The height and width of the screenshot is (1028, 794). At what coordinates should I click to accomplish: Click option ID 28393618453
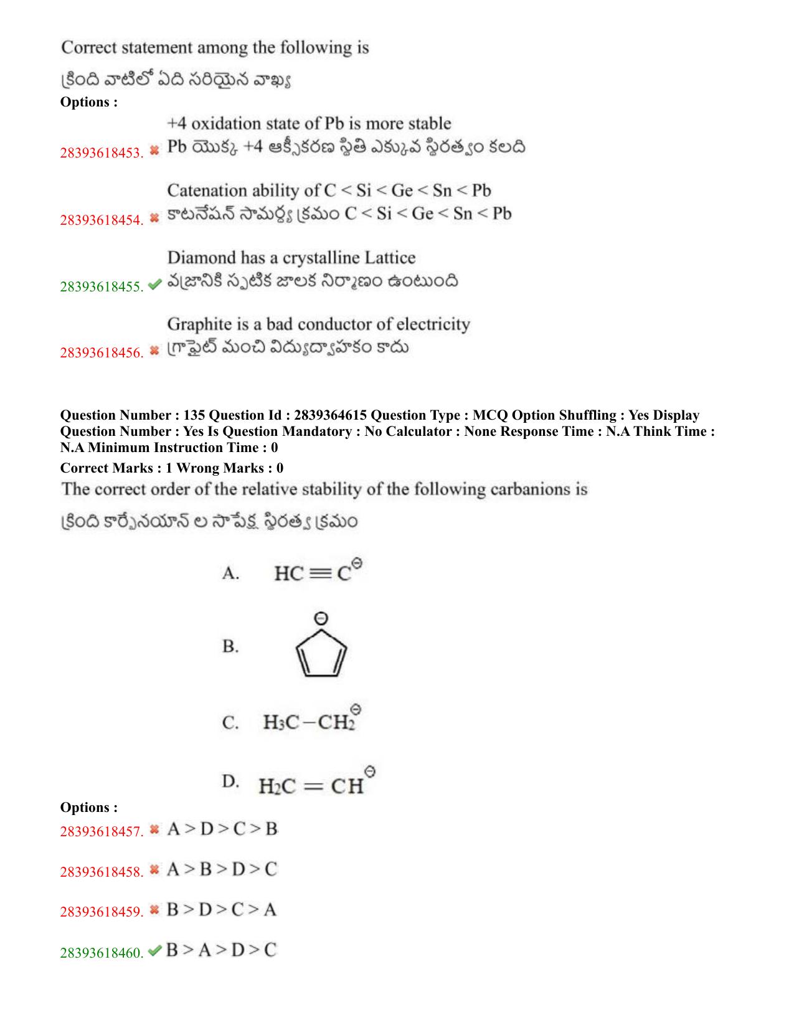(x=101, y=153)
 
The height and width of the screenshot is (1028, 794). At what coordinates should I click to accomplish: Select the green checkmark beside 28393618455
(x=155, y=285)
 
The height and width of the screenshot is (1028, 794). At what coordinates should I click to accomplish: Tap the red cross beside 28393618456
(x=155, y=351)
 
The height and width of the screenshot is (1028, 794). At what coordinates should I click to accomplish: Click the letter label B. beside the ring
(x=230, y=647)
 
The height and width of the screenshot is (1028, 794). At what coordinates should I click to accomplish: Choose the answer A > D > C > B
(x=222, y=829)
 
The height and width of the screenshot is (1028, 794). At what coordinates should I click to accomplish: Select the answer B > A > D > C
(x=221, y=950)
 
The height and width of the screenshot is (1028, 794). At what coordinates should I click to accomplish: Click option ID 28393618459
(x=101, y=912)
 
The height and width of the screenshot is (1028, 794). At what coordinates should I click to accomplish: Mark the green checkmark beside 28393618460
(x=155, y=951)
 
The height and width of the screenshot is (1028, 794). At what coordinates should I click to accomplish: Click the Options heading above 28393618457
(x=88, y=808)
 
